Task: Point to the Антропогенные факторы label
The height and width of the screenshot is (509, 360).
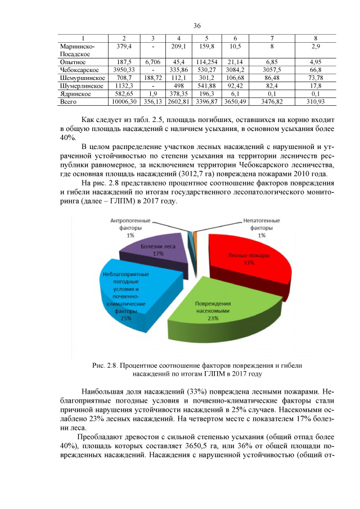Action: (130, 228)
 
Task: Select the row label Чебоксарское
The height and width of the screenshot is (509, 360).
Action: (79, 70)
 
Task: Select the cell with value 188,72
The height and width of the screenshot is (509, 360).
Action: (152, 78)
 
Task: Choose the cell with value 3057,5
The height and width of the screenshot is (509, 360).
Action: (272, 70)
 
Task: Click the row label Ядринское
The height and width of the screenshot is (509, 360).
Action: (75, 93)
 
